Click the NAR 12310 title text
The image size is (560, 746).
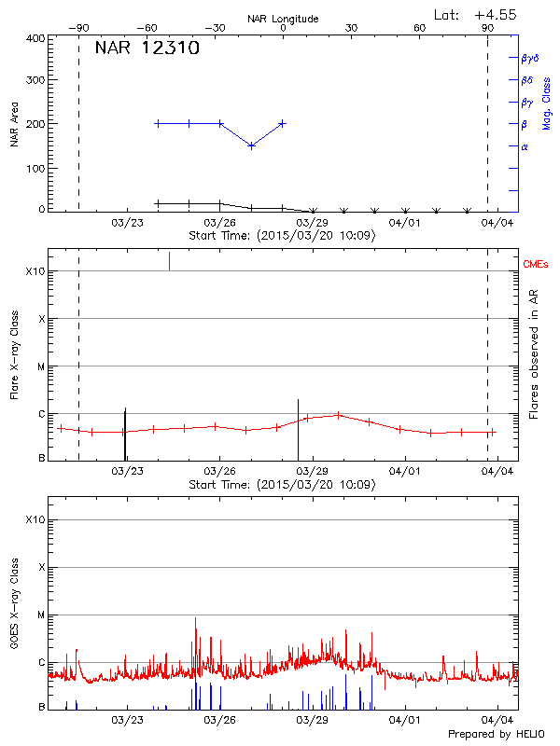tap(147, 48)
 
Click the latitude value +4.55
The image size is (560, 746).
tap(496, 14)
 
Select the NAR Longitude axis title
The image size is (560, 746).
tap(283, 19)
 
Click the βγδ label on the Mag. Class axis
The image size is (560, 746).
tap(529, 58)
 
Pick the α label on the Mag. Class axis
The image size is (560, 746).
tap(525, 146)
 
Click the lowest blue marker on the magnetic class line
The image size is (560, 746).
tap(251, 145)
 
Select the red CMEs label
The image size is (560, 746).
tap(537, 266)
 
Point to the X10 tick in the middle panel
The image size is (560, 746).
tap(36, 271)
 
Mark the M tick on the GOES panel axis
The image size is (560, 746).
tap(41, 615)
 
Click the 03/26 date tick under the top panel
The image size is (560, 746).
tap(218, 223)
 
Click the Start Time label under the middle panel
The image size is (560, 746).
tap(282, 485)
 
